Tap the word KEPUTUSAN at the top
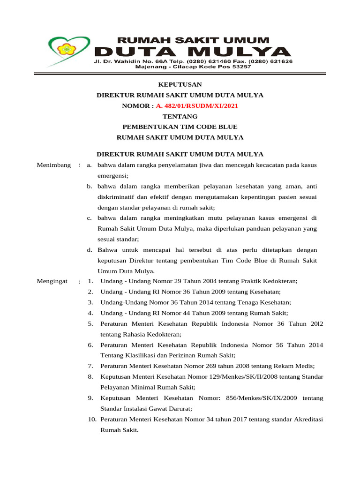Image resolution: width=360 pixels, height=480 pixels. pos(180,84)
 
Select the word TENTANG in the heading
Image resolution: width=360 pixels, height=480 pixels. pos(180,116)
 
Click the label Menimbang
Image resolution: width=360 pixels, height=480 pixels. pos(54,165)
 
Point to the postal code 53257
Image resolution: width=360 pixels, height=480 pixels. pos(240,67)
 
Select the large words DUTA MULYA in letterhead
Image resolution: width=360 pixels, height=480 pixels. pos(193,52)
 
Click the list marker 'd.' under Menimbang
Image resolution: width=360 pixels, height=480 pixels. pos(89,250)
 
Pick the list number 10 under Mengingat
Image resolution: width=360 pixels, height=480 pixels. pos(92,419)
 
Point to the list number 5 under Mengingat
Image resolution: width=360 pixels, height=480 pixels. pos(90,324)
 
